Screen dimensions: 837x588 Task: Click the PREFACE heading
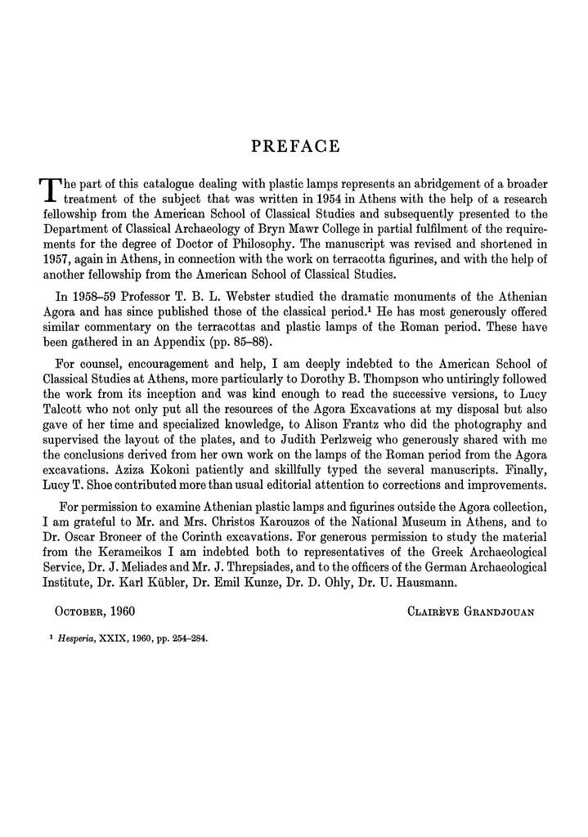coord(294,147)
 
